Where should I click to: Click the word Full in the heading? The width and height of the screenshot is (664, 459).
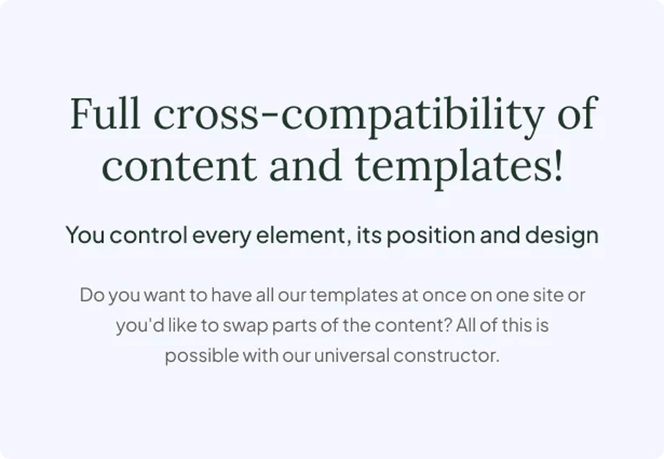105,113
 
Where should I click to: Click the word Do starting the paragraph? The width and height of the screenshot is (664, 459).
92,295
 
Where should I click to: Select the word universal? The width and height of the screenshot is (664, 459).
352,356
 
